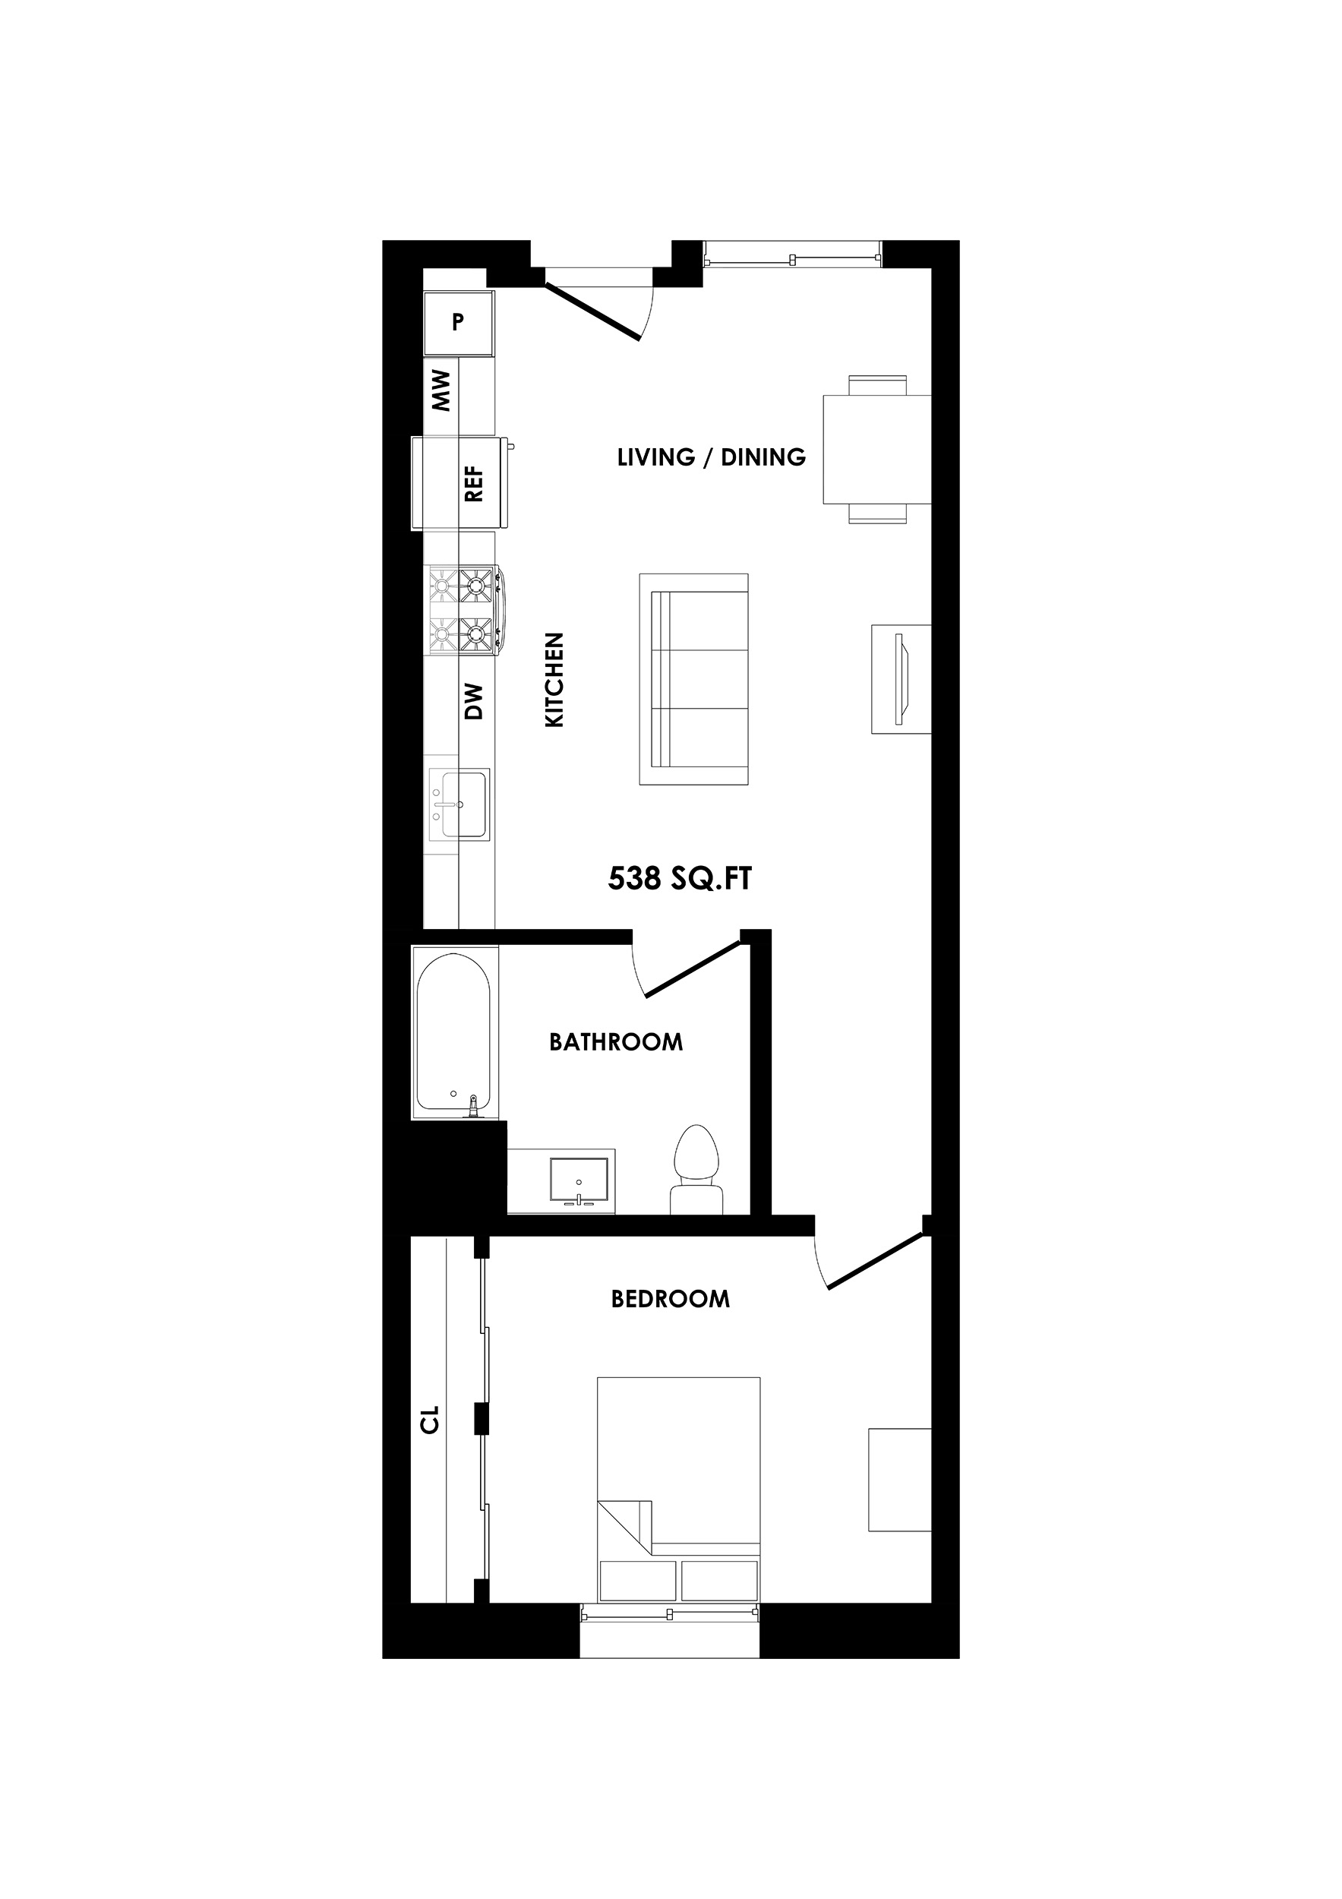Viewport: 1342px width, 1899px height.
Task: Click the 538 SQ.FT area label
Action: [x=680, y=878]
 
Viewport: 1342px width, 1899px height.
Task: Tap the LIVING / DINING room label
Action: [x=711, y=457]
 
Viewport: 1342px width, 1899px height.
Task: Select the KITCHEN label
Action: [x=554, y=680]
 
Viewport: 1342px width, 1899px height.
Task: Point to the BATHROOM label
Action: [x=616, y=1042]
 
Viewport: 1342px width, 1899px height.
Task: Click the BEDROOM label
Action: [x=671, y=1300]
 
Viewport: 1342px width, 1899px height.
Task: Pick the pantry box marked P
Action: [x=458, y=323]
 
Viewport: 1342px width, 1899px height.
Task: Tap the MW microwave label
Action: [x=441, y=390]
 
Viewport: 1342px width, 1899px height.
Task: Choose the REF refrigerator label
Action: [x=474, y=483]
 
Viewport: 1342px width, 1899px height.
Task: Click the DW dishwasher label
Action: [x=474, y=701]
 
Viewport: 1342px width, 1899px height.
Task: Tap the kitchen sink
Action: [x=459, y=803]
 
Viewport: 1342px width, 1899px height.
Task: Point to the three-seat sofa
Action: [x=693, y=679]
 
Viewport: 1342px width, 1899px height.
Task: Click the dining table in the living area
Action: [x=876, y=449]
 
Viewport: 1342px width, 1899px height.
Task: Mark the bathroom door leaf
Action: [x=692, y=969]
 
